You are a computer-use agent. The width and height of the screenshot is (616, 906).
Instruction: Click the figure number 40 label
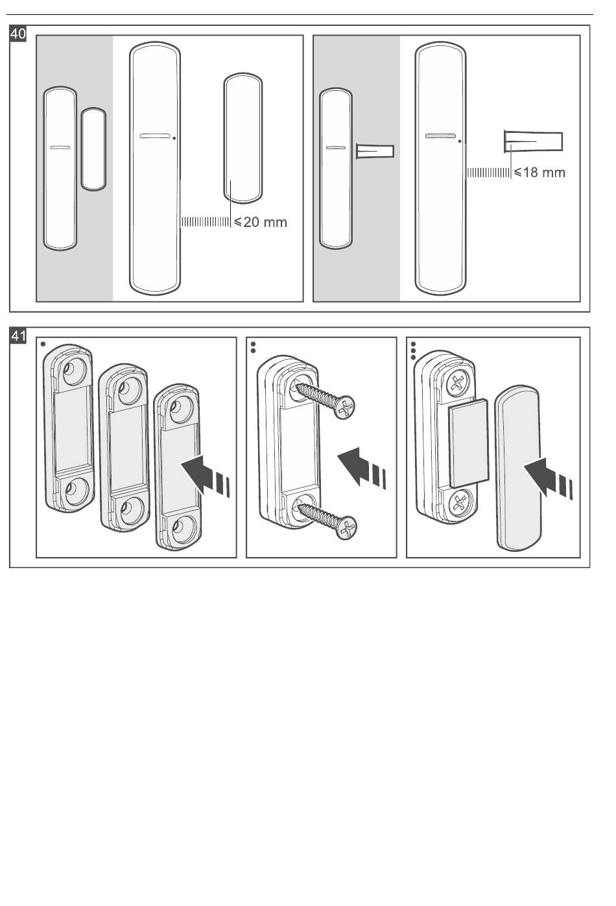point(18,34)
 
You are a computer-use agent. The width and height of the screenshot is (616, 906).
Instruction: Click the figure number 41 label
point(18,336)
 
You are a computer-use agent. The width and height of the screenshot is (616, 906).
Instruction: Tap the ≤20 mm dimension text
point(260,222)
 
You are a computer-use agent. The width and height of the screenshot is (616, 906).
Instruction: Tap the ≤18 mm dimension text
point(539,173)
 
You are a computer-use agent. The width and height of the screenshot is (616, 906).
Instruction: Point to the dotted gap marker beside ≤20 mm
point(205,222)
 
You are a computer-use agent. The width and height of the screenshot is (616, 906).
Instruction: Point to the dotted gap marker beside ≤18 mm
point(489,173)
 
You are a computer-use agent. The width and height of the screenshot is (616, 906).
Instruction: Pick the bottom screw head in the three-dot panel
point(462,501)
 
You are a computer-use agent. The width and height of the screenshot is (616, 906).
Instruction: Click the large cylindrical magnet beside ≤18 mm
point(533,141)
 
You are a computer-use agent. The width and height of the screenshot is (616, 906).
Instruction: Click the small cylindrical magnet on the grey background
point(375,152)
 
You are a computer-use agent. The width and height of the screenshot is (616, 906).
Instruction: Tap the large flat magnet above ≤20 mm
point(243,139)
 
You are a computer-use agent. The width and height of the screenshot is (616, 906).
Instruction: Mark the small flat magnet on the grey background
point(93,149)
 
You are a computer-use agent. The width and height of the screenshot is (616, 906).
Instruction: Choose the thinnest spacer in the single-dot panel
point(176,467)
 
